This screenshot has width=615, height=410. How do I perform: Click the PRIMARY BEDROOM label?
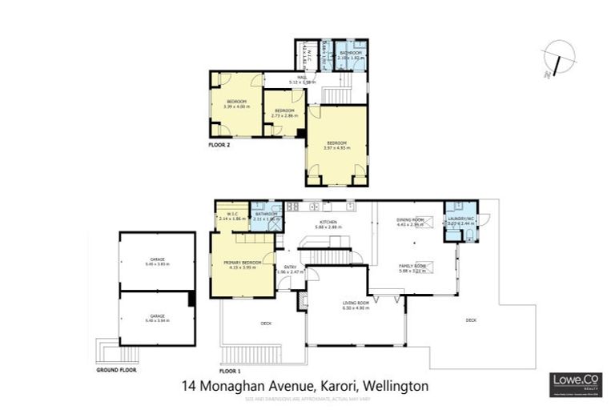243,262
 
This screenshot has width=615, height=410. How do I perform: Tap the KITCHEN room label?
328,222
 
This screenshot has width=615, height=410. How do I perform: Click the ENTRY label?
291,267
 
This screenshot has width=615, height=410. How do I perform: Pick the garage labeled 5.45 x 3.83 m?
157,260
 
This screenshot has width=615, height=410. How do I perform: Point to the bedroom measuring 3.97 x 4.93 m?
337,144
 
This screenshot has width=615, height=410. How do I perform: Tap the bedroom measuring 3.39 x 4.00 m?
236,102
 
